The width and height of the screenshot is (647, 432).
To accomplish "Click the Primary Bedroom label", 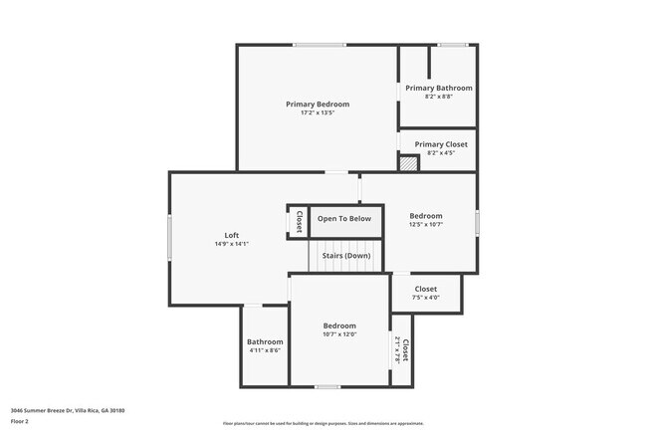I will (x=318, y=104).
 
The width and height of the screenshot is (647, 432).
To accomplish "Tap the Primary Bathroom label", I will (x=438, y=88).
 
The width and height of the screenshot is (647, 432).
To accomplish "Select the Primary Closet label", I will (x=440, y=144).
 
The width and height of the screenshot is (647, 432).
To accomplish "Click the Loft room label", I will (x=231, y=235).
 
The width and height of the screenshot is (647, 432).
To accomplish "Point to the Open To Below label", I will (x=344, y=219).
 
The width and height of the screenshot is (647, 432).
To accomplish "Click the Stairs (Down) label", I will (x=345, y=256).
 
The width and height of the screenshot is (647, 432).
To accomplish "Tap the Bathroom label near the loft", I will (x=265, y=341).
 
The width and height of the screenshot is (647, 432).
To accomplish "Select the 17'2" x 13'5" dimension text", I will (x=318, y=112).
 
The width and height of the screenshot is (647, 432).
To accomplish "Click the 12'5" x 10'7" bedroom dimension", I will (x=426, y=224).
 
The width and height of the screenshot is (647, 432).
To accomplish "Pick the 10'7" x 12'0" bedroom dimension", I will (x=339, y=334).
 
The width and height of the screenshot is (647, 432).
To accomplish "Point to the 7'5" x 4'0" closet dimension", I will (x=425, y=298).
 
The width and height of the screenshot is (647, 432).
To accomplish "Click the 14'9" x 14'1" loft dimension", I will (x=231, y=244).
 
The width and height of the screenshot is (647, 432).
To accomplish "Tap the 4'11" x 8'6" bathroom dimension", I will (x=265, y=350).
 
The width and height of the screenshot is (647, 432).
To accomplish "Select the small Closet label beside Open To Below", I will (x=298, y=221).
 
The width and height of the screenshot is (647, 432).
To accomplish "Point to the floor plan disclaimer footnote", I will (x=323, y=423).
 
